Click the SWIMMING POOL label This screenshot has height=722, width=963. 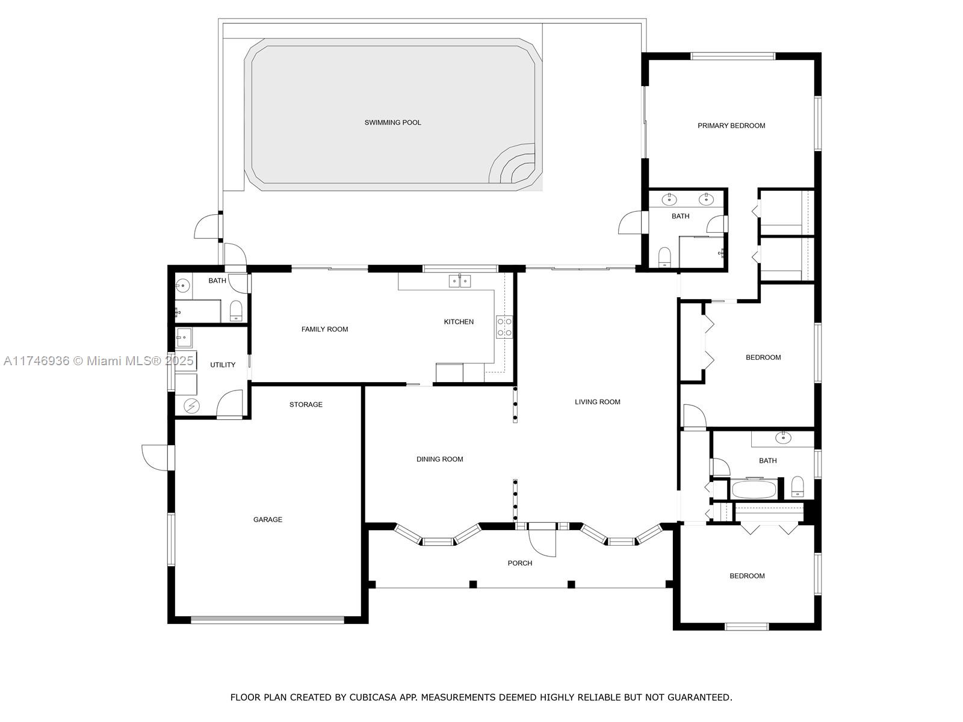point(392,123)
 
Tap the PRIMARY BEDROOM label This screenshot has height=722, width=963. point(731,126)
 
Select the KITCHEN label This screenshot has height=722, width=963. point(459,322)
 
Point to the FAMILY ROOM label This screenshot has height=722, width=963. point(324,329)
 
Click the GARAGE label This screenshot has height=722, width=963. point(268,519)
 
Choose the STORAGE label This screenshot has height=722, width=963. point(306,404)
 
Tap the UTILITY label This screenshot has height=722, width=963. point(223,365)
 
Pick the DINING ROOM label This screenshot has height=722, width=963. point(439,459)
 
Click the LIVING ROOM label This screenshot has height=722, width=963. point(598,402)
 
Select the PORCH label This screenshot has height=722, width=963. point(520,563)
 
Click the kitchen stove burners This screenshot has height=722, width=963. point(504,327)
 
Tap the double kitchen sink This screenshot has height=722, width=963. point(459,280)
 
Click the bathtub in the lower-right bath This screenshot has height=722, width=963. point(754,490)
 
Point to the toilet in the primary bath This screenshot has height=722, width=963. point(664,257)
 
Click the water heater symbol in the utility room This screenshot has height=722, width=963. point(191,406)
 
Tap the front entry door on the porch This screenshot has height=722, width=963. point(542,540)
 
